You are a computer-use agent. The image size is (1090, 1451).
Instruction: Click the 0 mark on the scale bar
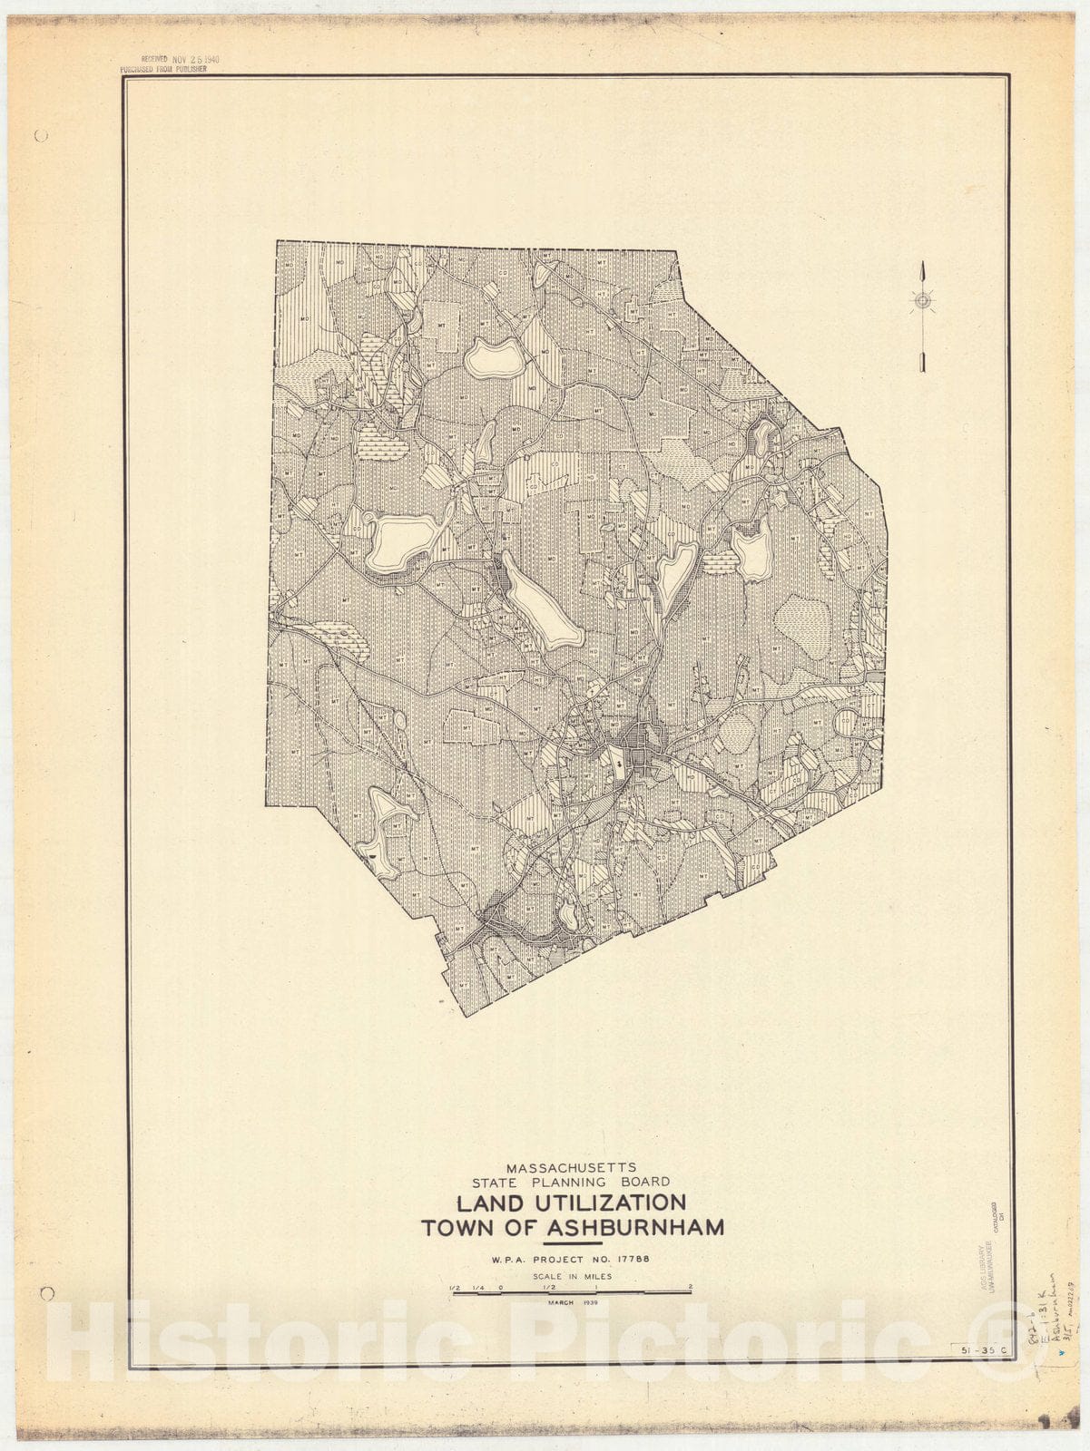pyautogui.click(x=501, y=1287)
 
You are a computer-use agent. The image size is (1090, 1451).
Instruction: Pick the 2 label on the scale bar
pyautogui.click(x=691, y=1287)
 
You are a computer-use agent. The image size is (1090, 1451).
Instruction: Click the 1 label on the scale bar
pyautogui.click(x=596, y=1287)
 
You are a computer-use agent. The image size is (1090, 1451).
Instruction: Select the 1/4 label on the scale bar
pyautogui.click(x=476, y=1287)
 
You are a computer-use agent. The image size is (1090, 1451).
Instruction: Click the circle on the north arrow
pyautogui.click(x=922, y=301)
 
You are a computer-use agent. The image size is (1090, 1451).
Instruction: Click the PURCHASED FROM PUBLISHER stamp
pyautogui.click(x=163, y=69)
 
